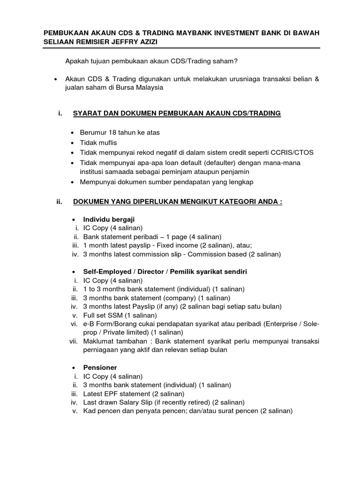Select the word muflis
point(108,142)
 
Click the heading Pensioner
point(100,367)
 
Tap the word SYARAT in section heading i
point(88,113)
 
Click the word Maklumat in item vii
point(99,342)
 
